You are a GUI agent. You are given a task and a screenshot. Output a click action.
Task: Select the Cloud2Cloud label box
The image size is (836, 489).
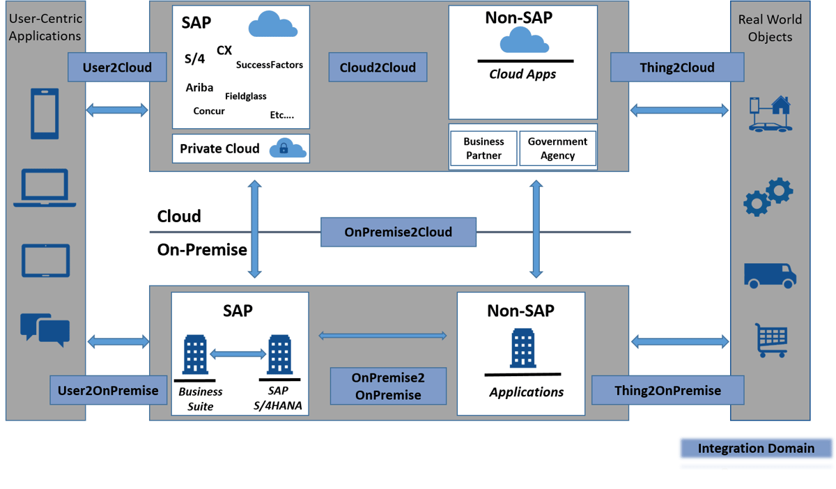[378, 68]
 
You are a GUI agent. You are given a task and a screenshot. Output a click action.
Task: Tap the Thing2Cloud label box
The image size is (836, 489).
[676, 68]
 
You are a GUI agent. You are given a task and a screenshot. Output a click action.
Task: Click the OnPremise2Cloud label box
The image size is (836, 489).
[398, 232]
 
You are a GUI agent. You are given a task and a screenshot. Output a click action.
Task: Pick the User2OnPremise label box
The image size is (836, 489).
[108, 390]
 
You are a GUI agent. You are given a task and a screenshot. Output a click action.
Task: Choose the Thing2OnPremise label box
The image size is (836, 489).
[667, 390]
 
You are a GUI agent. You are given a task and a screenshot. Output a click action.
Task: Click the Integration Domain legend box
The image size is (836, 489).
[756, 449]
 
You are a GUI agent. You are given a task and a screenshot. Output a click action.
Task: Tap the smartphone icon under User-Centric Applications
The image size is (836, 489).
[45, 112]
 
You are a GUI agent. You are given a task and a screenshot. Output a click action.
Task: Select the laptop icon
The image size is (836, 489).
[45, 188]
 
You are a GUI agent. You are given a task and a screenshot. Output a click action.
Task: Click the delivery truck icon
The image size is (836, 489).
[770, 275]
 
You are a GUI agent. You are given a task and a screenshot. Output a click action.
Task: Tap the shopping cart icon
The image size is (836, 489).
[771, 339]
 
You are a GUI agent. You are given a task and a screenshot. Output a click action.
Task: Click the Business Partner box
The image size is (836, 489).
[483, 148]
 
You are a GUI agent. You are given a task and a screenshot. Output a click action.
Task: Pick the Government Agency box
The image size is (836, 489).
[557, 148]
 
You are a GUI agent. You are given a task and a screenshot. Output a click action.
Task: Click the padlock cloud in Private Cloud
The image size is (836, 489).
[289, 148]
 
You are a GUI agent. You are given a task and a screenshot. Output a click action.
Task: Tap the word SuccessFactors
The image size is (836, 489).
[270, 65]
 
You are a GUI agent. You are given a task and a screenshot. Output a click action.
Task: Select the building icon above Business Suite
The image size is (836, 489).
[195, 355]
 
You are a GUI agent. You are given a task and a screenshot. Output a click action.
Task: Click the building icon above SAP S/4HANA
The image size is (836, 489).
[280, 355]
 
